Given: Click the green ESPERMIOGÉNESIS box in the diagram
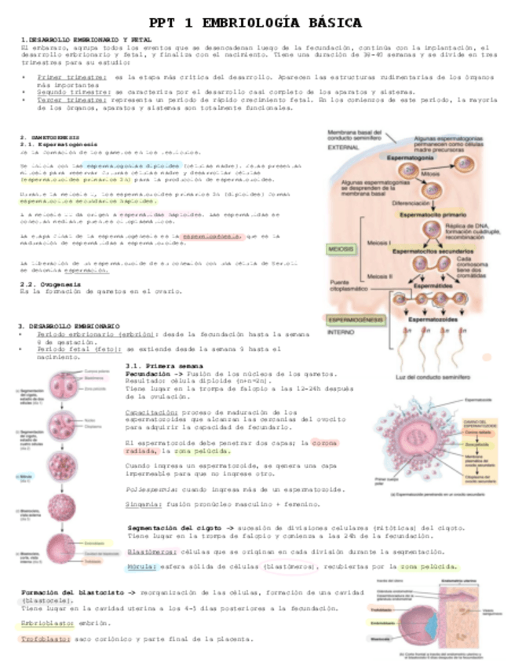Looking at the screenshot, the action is point(355,320).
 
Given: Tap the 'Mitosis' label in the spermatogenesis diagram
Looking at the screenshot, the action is point(430,174).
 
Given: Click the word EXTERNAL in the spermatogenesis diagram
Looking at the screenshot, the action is point(343,147).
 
